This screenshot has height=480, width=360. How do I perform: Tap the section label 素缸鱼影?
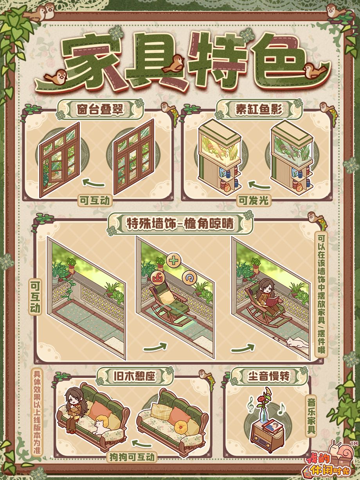(x=259, y=109)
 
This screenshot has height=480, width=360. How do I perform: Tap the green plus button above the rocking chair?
(x=173, y=261)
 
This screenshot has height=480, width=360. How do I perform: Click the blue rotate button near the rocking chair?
(x=189, y=278)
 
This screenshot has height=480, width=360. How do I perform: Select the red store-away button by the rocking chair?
(x=157, y=278)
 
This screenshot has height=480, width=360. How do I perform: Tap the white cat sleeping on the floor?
(x=297, y=343)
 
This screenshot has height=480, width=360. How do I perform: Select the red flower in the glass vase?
(x=261, y=399)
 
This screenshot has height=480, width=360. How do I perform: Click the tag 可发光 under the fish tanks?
(x=253, y=200)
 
